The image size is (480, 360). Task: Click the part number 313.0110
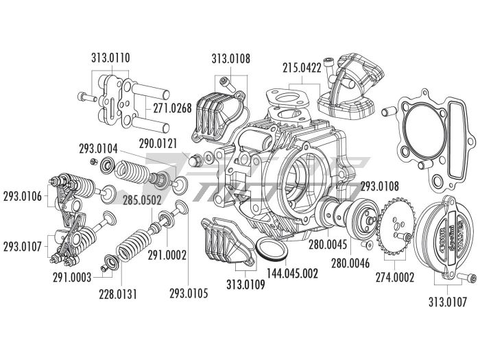(x=111, y=58)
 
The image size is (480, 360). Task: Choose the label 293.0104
(x=98, y=147)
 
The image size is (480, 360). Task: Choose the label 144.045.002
(x=291, y=274)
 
